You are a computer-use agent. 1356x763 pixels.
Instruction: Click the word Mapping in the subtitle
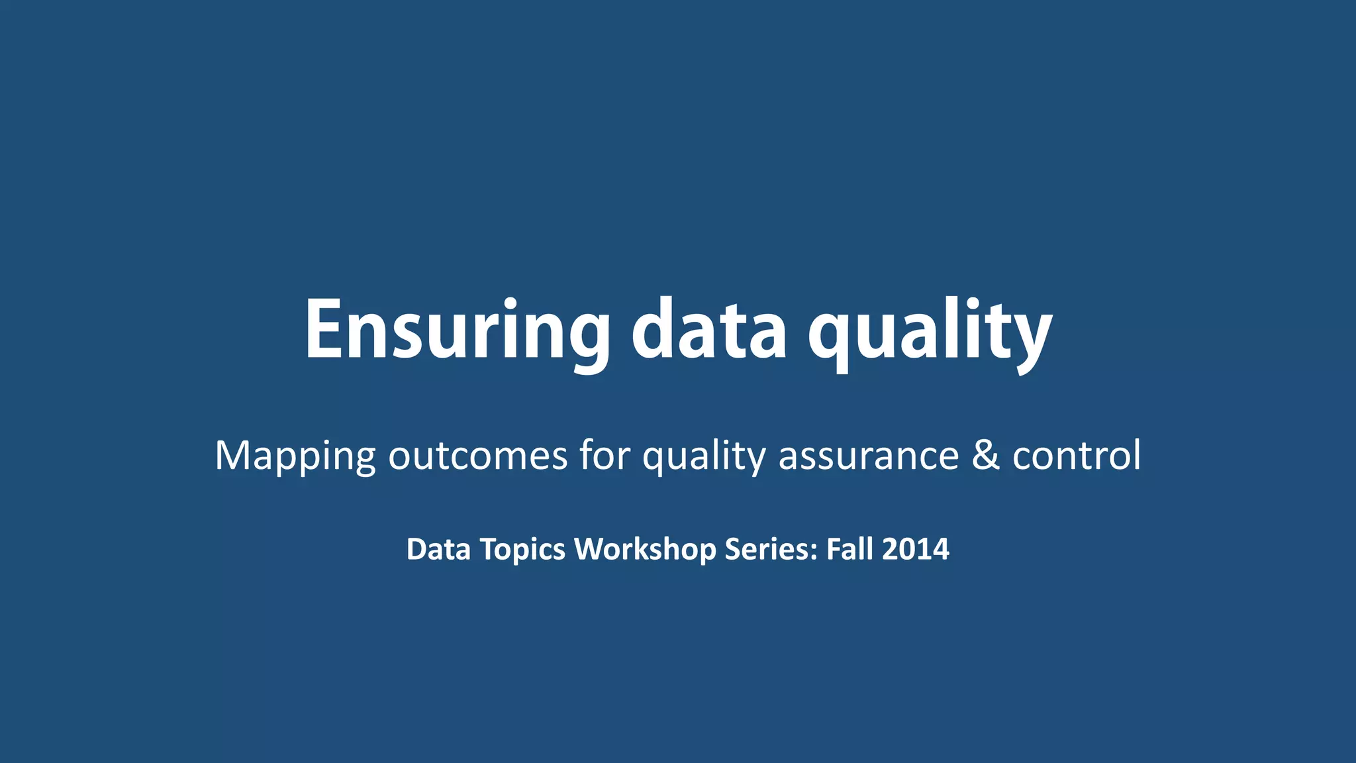(295, 456)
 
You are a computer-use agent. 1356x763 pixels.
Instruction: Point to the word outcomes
(477, 456)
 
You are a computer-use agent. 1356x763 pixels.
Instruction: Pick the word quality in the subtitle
(704, 456)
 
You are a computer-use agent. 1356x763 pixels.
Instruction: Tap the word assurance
(869, 456)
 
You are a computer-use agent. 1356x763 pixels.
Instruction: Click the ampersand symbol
(986, 456)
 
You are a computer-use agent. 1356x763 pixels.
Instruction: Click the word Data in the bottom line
(438, 549)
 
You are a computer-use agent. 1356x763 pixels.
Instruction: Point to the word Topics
(522, 550)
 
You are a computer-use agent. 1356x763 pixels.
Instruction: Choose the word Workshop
(645, 550)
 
